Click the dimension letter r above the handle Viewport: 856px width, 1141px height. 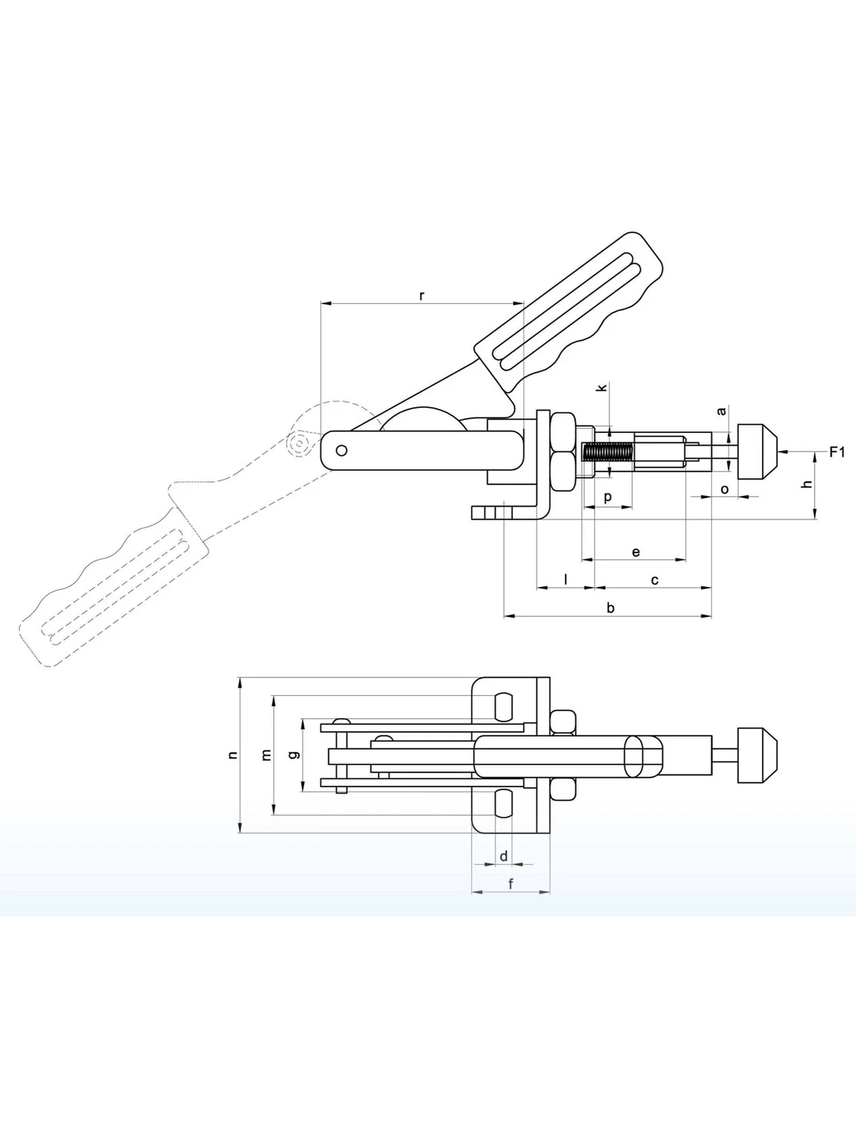(x=422, y=296)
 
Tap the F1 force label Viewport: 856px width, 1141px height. (x=837, y=452)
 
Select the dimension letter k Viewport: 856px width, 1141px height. (x=602, y=387)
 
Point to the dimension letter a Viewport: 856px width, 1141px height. (x=721, y=411)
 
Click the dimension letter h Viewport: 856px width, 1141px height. (x=807, y=483)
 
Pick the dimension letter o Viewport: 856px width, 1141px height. (x=725, y=489)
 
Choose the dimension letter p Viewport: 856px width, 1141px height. (x=608, y=498)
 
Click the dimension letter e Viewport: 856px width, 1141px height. (x=636, y=551)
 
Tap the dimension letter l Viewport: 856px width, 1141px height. (x=566, y=578)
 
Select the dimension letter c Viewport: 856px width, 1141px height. (x=655, y=580)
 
